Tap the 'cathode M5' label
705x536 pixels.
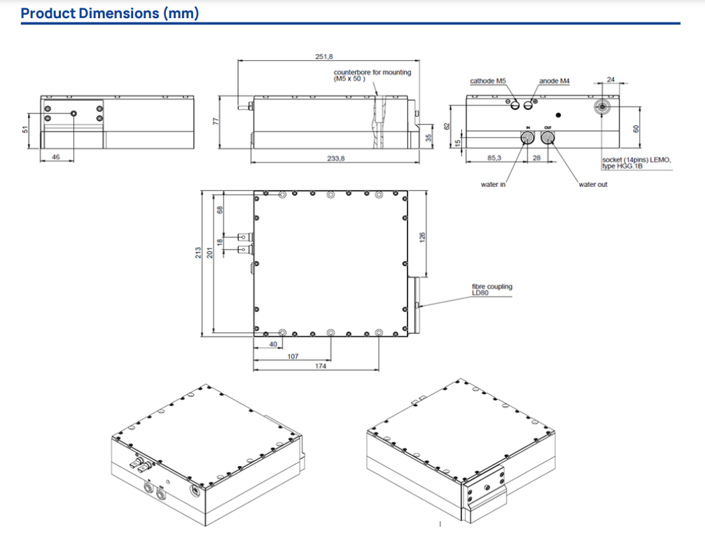[x=487, y=81]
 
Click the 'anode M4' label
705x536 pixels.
[x=554, y=81]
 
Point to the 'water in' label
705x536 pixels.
[x=492, y=184]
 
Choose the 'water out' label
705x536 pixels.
[x=593, y=184]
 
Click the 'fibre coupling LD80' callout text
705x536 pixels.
[x=491, y=290]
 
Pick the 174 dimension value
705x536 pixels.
[x=320, y=366]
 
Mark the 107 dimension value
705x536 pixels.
[x=293, y=356]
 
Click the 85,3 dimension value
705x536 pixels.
[x=494, y=158]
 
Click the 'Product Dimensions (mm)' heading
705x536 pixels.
[x=109, y=13]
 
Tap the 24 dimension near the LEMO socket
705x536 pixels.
[x=610, y=80]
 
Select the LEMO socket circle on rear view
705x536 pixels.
[x=601, y=107]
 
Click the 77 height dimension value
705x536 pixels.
[x=216, y=122]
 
